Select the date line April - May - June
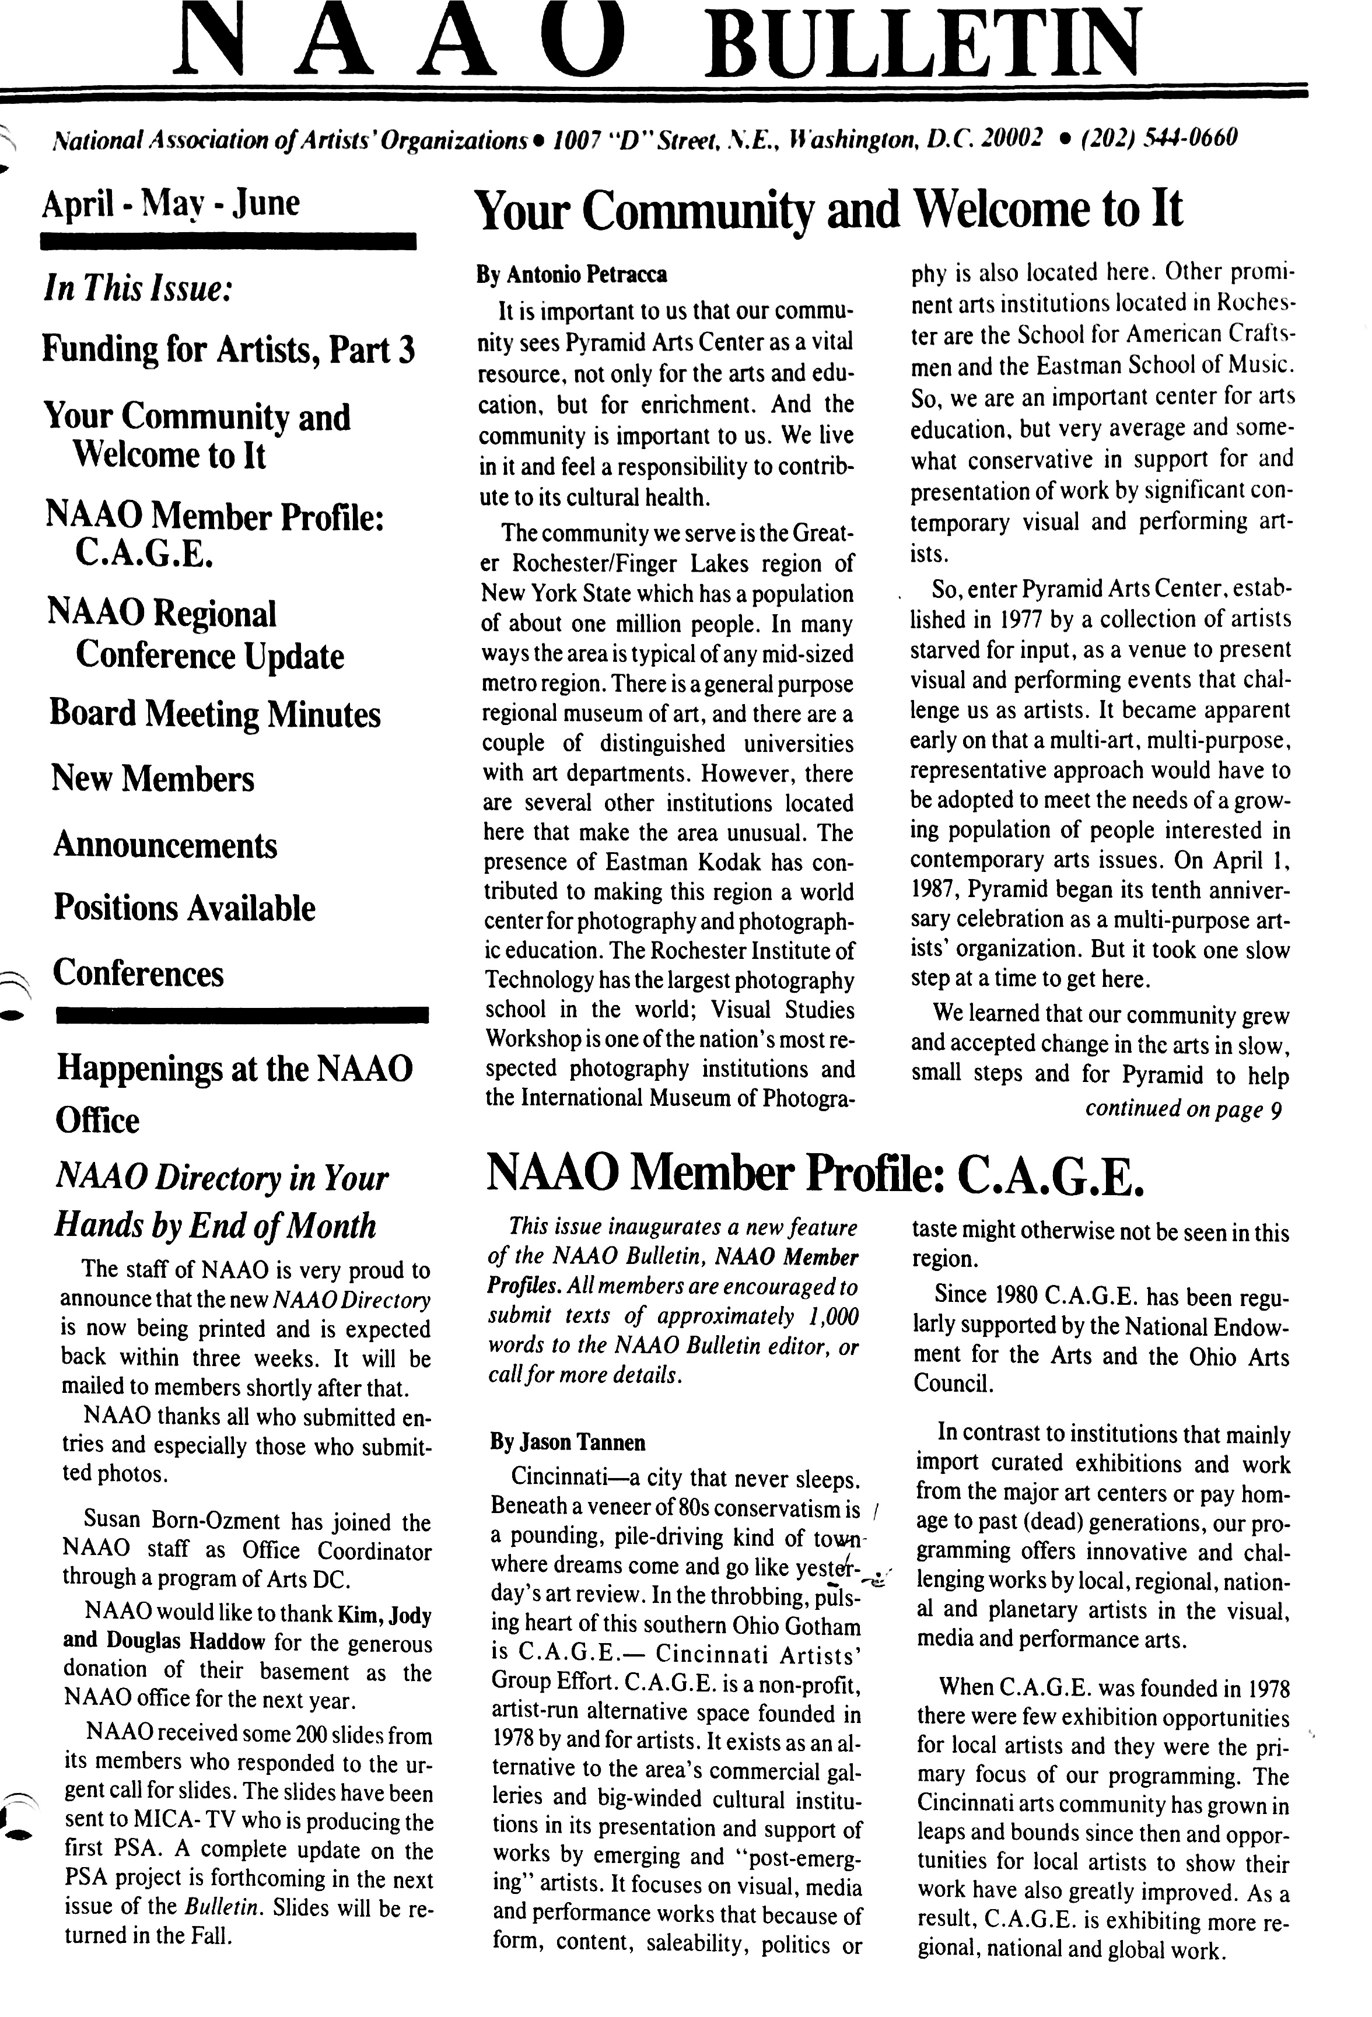pos(171,204)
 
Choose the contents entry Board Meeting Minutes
pos(215,713)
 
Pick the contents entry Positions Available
pos(184,908)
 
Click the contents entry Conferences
pos(139,973)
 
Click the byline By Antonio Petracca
pos(571,276)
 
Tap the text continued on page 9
pos(1184,1109)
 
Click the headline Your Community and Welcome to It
pos(829,210)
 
